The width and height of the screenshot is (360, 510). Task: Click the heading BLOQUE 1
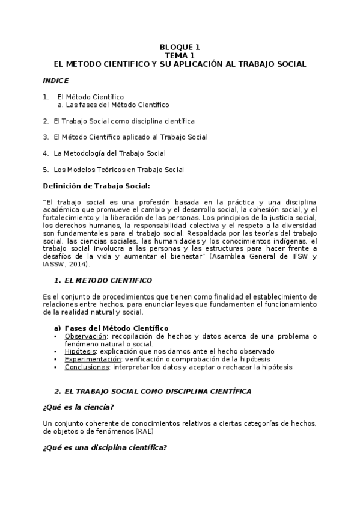pyautogui.click(x=180, y=47)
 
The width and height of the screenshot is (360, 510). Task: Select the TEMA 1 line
pyautogui.click(x=180, y=55)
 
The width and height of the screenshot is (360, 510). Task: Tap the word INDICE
pyautogui.click(x=55, y=80)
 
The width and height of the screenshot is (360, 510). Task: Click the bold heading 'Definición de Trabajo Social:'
pyautogui.click(x=96, y=186)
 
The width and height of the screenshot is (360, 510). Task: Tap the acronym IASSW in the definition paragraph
pyautogui.click(x=55, y=265)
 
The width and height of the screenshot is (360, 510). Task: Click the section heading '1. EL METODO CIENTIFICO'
pyautogui.click(x=103, y=281)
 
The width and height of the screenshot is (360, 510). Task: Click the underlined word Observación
pyautogui.click(x=86, y=336)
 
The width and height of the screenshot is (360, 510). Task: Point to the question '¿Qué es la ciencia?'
pyautogui.click(x=78, y=407)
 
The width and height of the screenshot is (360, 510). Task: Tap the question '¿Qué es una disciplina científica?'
pyautogui.click(x=105, y=447)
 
